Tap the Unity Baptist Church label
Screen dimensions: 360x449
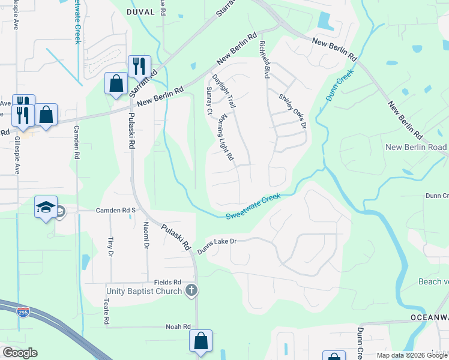144,292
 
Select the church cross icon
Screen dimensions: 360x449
191,291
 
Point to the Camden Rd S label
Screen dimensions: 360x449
116,211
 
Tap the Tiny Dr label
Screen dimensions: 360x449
110,246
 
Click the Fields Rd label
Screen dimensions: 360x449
167,282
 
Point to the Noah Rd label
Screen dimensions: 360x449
178,327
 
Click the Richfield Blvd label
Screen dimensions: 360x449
264,59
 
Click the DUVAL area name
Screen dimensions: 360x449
140,11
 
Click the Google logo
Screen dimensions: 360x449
20,353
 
